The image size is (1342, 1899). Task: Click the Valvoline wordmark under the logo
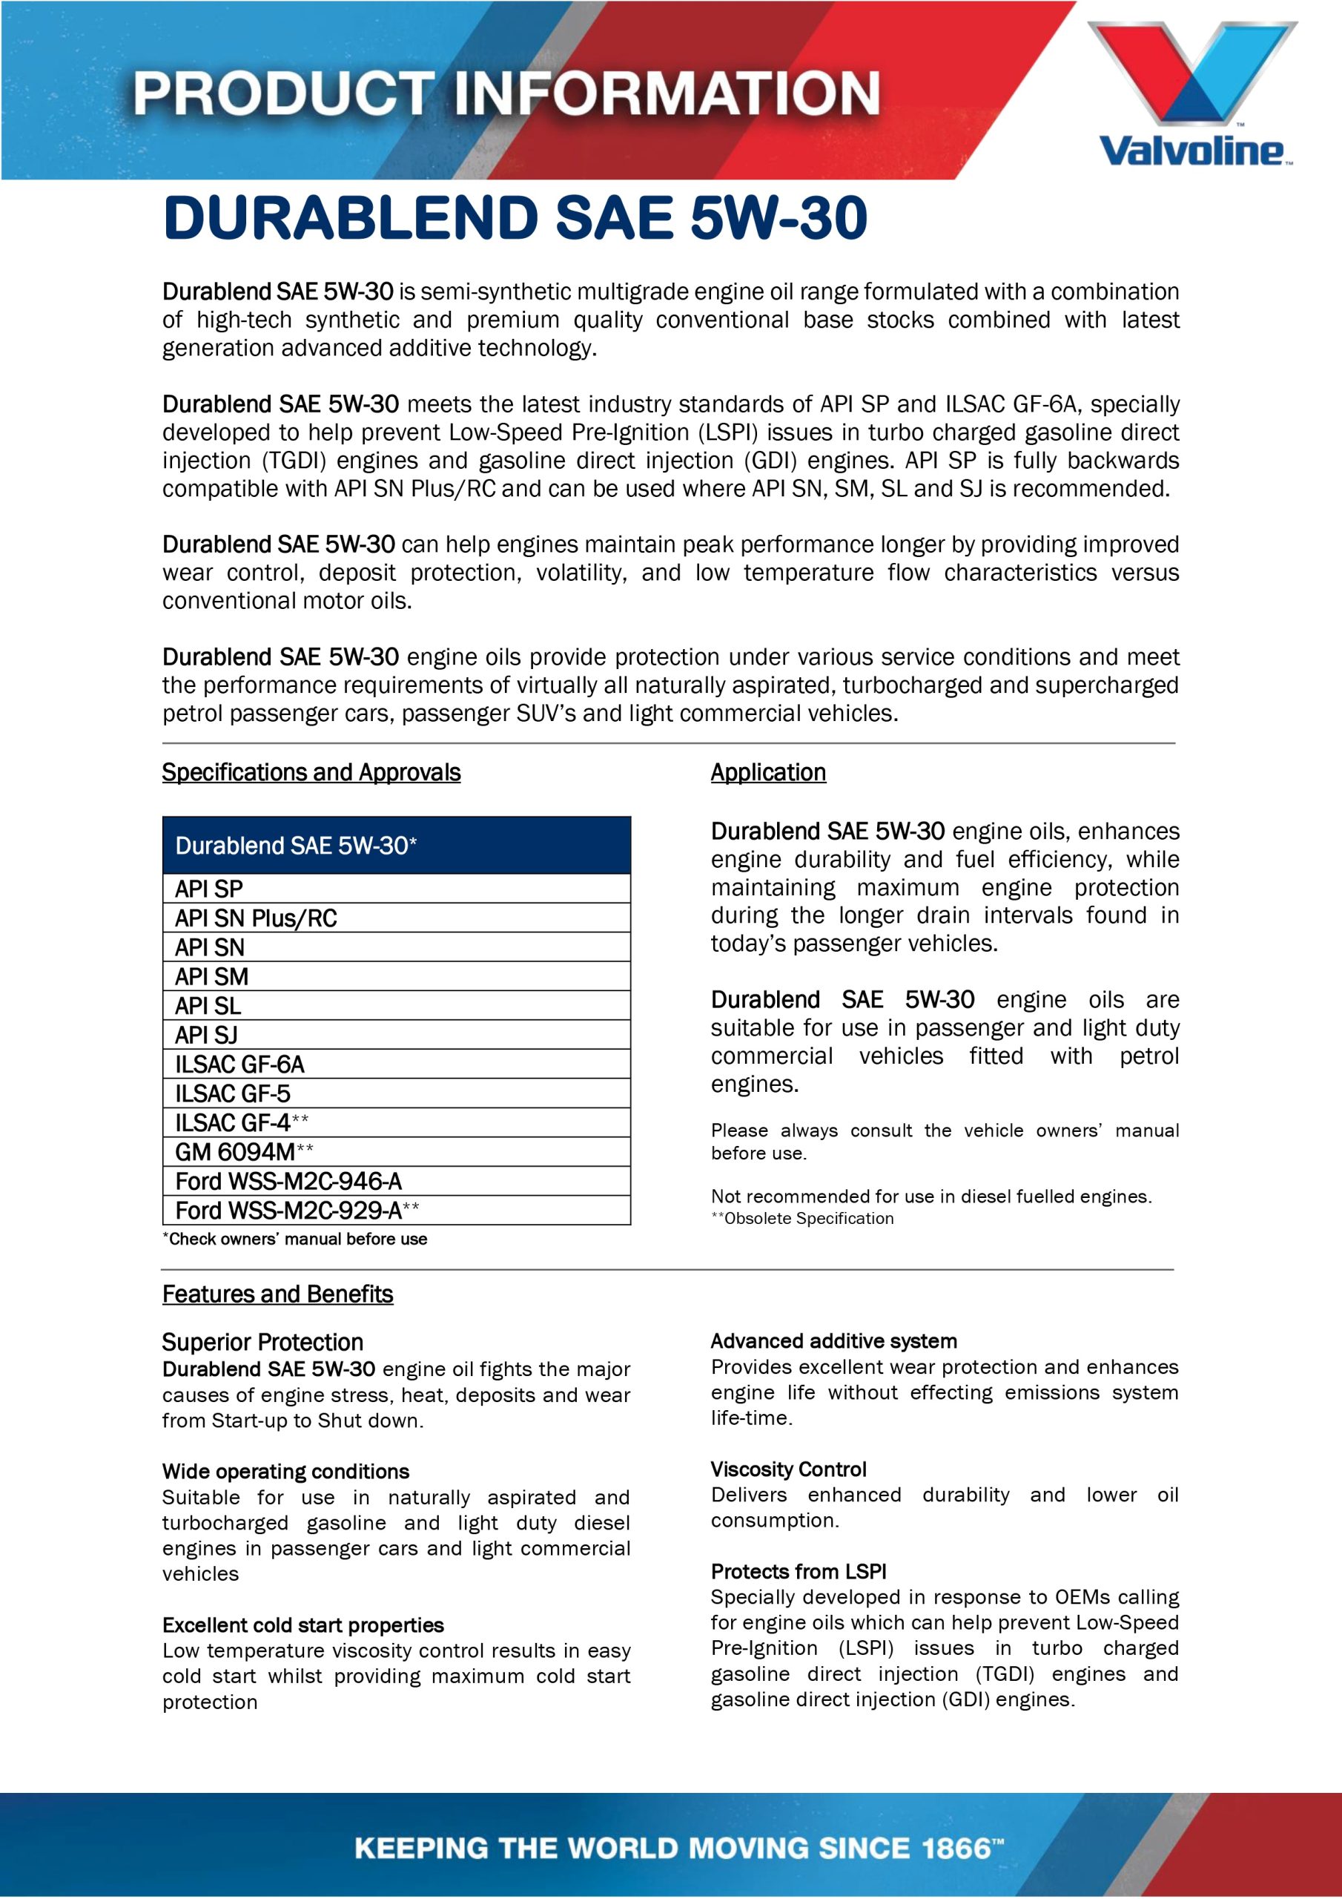click(1191, 151)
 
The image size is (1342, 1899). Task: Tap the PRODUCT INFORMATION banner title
click(506, 93)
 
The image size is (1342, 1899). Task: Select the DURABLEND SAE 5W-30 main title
click(515, 218)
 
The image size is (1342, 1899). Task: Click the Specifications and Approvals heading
click(311, 772)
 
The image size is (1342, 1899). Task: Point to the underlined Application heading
click(767, 772)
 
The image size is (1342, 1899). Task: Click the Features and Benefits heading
click(277, 1294)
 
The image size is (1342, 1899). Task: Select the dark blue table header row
click(396, 846)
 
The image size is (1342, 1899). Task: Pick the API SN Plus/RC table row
click(396, 918)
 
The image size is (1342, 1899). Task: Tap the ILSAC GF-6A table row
click(396, 1064)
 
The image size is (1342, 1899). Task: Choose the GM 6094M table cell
click(396, 1152)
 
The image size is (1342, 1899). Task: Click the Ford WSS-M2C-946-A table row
click(396, 1181)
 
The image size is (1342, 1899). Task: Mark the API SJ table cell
click(396, 1035)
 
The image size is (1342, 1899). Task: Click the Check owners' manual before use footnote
click(294, 1239)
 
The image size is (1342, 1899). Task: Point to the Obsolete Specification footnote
click(802, 1218)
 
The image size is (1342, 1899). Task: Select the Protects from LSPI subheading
click(798, 1571)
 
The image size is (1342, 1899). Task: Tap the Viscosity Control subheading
click(788, 1469)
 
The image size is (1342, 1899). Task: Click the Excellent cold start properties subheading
click(303, 1625)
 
